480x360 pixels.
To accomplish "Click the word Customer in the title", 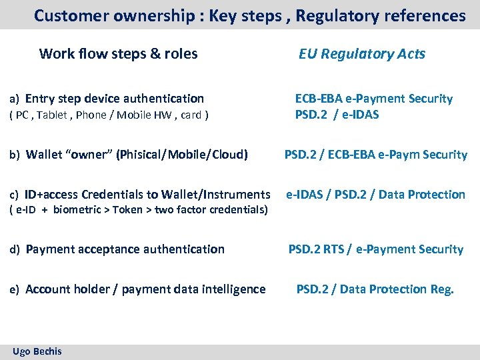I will coord(67,15).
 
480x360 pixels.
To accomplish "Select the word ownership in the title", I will coord(142,15).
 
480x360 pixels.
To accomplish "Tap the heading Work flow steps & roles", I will coord(119,54).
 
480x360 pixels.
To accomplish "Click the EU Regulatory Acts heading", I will coord(361,54).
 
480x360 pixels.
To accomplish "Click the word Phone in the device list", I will coord(91,115).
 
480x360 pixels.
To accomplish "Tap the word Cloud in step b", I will coord(228,155).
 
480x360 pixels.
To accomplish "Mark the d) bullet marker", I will coord(15,250).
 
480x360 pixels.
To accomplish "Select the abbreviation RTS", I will coord(331,249).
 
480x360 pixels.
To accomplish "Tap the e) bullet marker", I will coord(15,290).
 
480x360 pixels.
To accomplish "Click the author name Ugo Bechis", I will coord(37,351).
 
